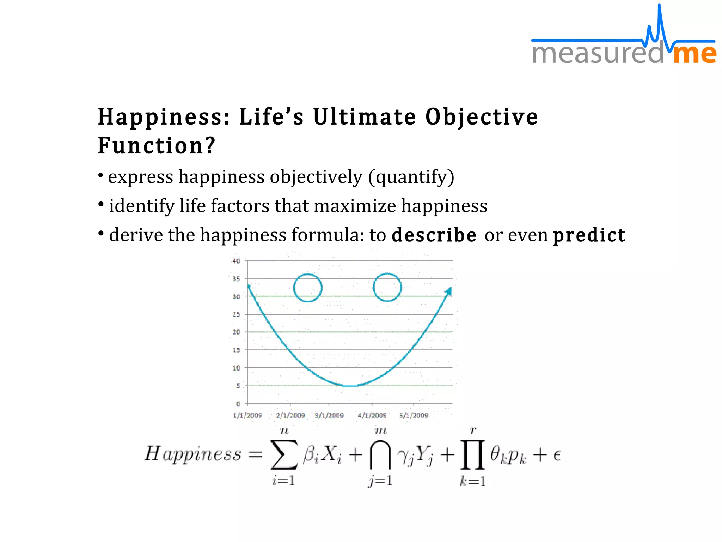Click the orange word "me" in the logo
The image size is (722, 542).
tap(694, 54)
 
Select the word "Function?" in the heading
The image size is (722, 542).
tap(157, 146)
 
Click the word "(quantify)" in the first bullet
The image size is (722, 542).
tap(411, 177)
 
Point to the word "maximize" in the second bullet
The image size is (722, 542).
tap(355, 206)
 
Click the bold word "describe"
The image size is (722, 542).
tap(434, 235)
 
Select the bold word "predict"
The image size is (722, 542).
tap(589, 235)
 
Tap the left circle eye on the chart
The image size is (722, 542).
tap(308, 288)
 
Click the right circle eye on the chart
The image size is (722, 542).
tap(387, 287)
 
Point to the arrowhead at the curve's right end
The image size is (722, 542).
tap(448, 291)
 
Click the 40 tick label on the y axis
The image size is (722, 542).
tap(236, 261)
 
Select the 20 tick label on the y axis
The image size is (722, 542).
tap(236, 332)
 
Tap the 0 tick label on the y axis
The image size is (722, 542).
tap(238, 404)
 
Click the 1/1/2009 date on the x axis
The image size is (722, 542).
tap(247, 416)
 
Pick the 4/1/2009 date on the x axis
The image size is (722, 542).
tap(372, 416)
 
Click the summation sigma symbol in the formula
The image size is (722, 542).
tap(284, 454)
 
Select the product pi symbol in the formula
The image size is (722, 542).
tap(473, 454)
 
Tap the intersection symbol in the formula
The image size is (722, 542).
tap(380, 454)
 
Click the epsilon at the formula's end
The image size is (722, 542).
tap(557, 455)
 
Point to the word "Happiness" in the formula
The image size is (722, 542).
tap(193, 454)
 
